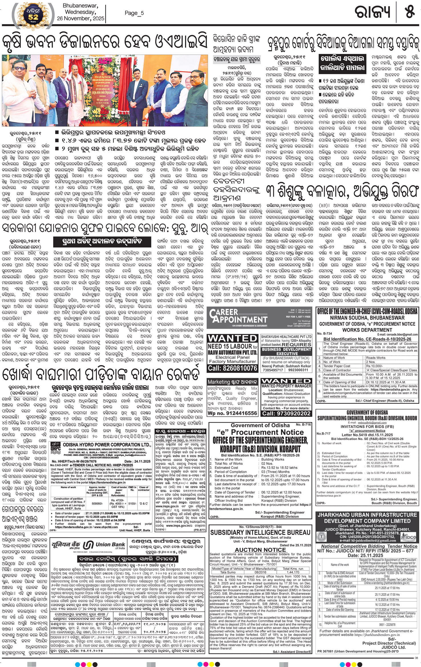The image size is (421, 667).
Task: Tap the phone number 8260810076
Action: point(232,368)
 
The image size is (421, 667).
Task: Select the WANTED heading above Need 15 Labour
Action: point(232,338)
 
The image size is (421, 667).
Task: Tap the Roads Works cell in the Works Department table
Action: point(376,358)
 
